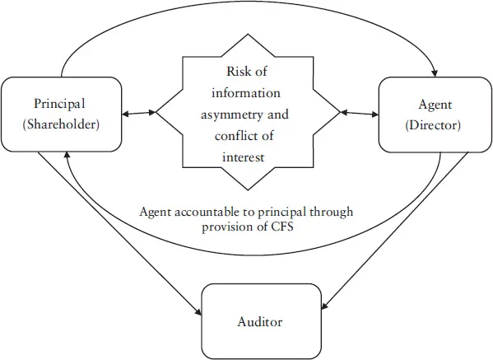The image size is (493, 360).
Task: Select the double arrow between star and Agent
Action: pyautogui.click(x=356, y=111)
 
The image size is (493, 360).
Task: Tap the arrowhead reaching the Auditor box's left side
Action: pyautogui.click(x=198, y=312)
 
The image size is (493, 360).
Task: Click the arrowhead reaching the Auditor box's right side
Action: pyautogui.click(x=326, y=309)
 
